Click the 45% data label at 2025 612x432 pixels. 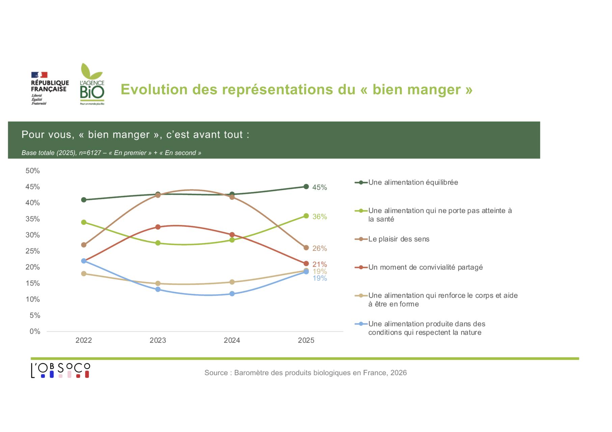point(319,187)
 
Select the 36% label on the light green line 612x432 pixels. point(319,217)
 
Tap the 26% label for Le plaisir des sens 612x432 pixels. point(319,248)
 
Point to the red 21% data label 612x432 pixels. point(319,264)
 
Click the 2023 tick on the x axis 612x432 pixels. point(158,340)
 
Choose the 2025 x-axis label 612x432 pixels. point(306,340)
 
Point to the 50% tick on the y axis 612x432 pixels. point(32,171)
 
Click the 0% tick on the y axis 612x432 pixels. point(34,331)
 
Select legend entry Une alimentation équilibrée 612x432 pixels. point(413,182)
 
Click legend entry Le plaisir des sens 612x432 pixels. point(399,239)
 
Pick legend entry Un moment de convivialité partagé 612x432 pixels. point(425,267)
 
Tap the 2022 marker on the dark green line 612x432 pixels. point(84,200)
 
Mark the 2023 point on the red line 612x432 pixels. point(158,227)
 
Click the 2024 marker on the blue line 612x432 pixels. point(232,294)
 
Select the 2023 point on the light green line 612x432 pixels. point(158,243)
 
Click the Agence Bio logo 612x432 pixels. point(92,84)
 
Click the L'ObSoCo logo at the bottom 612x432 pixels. point(60,370)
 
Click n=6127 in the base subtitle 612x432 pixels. point(90,153)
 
